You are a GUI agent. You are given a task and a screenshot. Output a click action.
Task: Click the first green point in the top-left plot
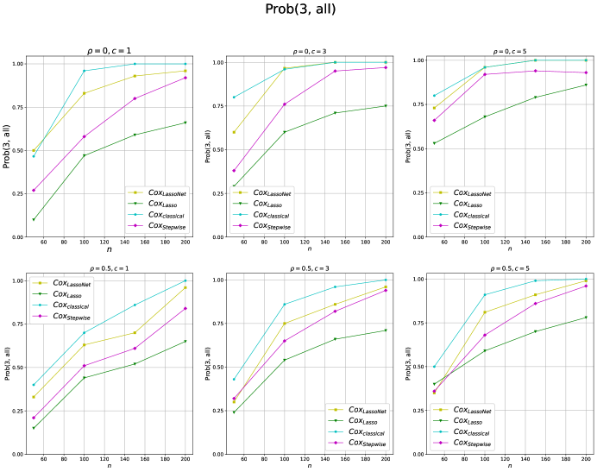34,219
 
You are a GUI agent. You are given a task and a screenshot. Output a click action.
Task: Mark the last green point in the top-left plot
185,123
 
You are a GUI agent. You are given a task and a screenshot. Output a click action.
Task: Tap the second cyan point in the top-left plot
84,71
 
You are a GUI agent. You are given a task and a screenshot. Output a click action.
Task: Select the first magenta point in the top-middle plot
234,171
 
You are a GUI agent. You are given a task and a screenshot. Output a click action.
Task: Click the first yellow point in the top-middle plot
234,132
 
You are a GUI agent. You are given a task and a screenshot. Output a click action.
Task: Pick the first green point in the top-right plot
434,143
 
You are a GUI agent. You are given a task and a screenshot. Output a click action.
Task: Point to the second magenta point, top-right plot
485,74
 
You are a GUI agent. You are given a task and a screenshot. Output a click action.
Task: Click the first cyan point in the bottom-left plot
34,385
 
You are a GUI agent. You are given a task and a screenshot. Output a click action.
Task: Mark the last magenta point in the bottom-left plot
185,308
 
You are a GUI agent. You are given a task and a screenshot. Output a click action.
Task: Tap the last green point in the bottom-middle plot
386,330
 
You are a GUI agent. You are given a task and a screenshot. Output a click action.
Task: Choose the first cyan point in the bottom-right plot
434,367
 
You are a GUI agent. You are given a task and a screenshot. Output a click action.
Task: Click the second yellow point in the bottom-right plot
485,312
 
